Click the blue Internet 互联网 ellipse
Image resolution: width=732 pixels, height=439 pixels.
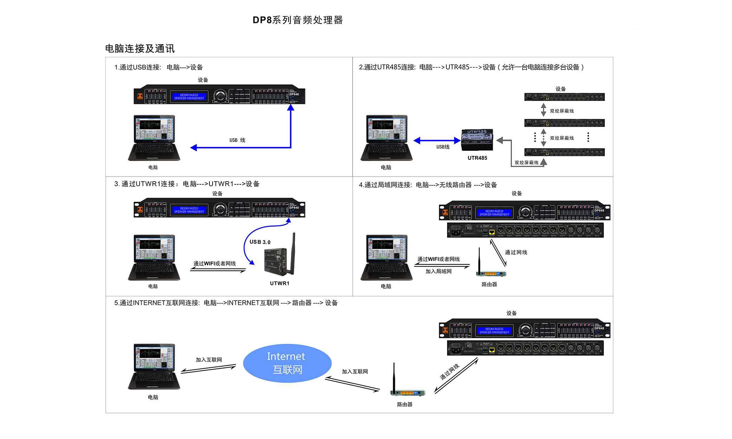pyautogui.click(x=287, y=363)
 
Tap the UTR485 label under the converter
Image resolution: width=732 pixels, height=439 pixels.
pyautogui.click(x=477, y=158)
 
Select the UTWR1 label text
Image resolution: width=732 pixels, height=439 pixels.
pyautogui.click(x=279, y=283)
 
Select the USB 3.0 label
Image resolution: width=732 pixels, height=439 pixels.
pyautogui.click(x=260, y=242)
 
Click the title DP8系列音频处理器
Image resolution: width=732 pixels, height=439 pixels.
pyautogui.click(x=298, y=20)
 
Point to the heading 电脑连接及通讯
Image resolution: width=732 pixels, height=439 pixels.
pyautogui.click(x=140, y=48)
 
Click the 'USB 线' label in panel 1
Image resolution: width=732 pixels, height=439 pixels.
pyautogui.click(x=237, y=140)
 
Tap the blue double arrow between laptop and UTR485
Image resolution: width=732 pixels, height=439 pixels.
pyautogui.click(x=437, y=141)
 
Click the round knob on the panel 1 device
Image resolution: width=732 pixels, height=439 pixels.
pyautogui.click(x=220, y=96)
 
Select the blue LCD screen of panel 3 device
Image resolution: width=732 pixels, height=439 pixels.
pyautogui.click(x=189, y=210)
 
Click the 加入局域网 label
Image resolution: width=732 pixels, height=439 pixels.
pyautogui.click(x=438, y=271)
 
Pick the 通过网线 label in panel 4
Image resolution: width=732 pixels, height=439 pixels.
pyautogui.click(x=516, y=252)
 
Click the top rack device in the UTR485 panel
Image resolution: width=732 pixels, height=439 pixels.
pyautogui.click(x=564, y=97)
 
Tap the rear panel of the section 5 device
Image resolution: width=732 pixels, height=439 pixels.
pyautogui.click(x=525, y=348)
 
